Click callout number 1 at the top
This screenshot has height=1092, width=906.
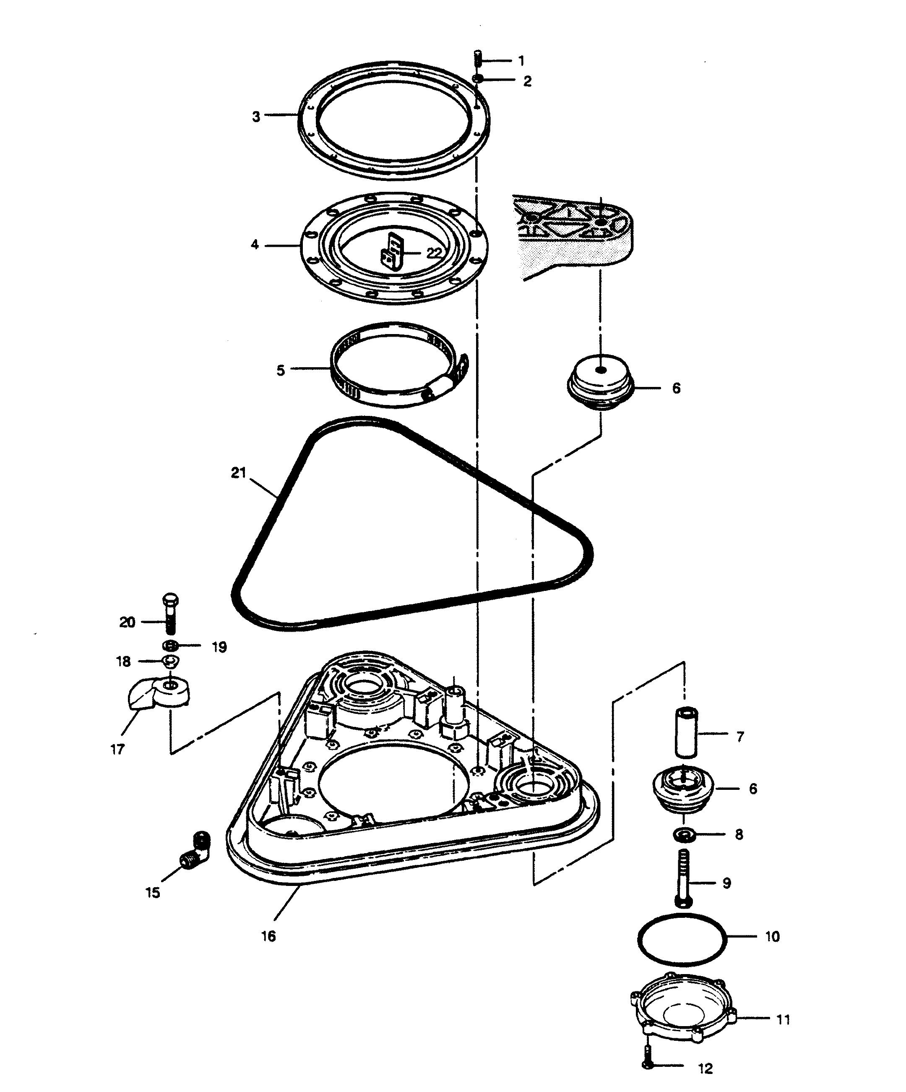[x=521, y=61]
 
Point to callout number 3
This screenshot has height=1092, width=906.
[x=256, y=117]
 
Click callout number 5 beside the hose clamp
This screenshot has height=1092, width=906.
[x=281, y=370]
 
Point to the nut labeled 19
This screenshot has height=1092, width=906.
[x=170, y=646]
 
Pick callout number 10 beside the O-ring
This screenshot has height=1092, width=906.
[x=773, y=937]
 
